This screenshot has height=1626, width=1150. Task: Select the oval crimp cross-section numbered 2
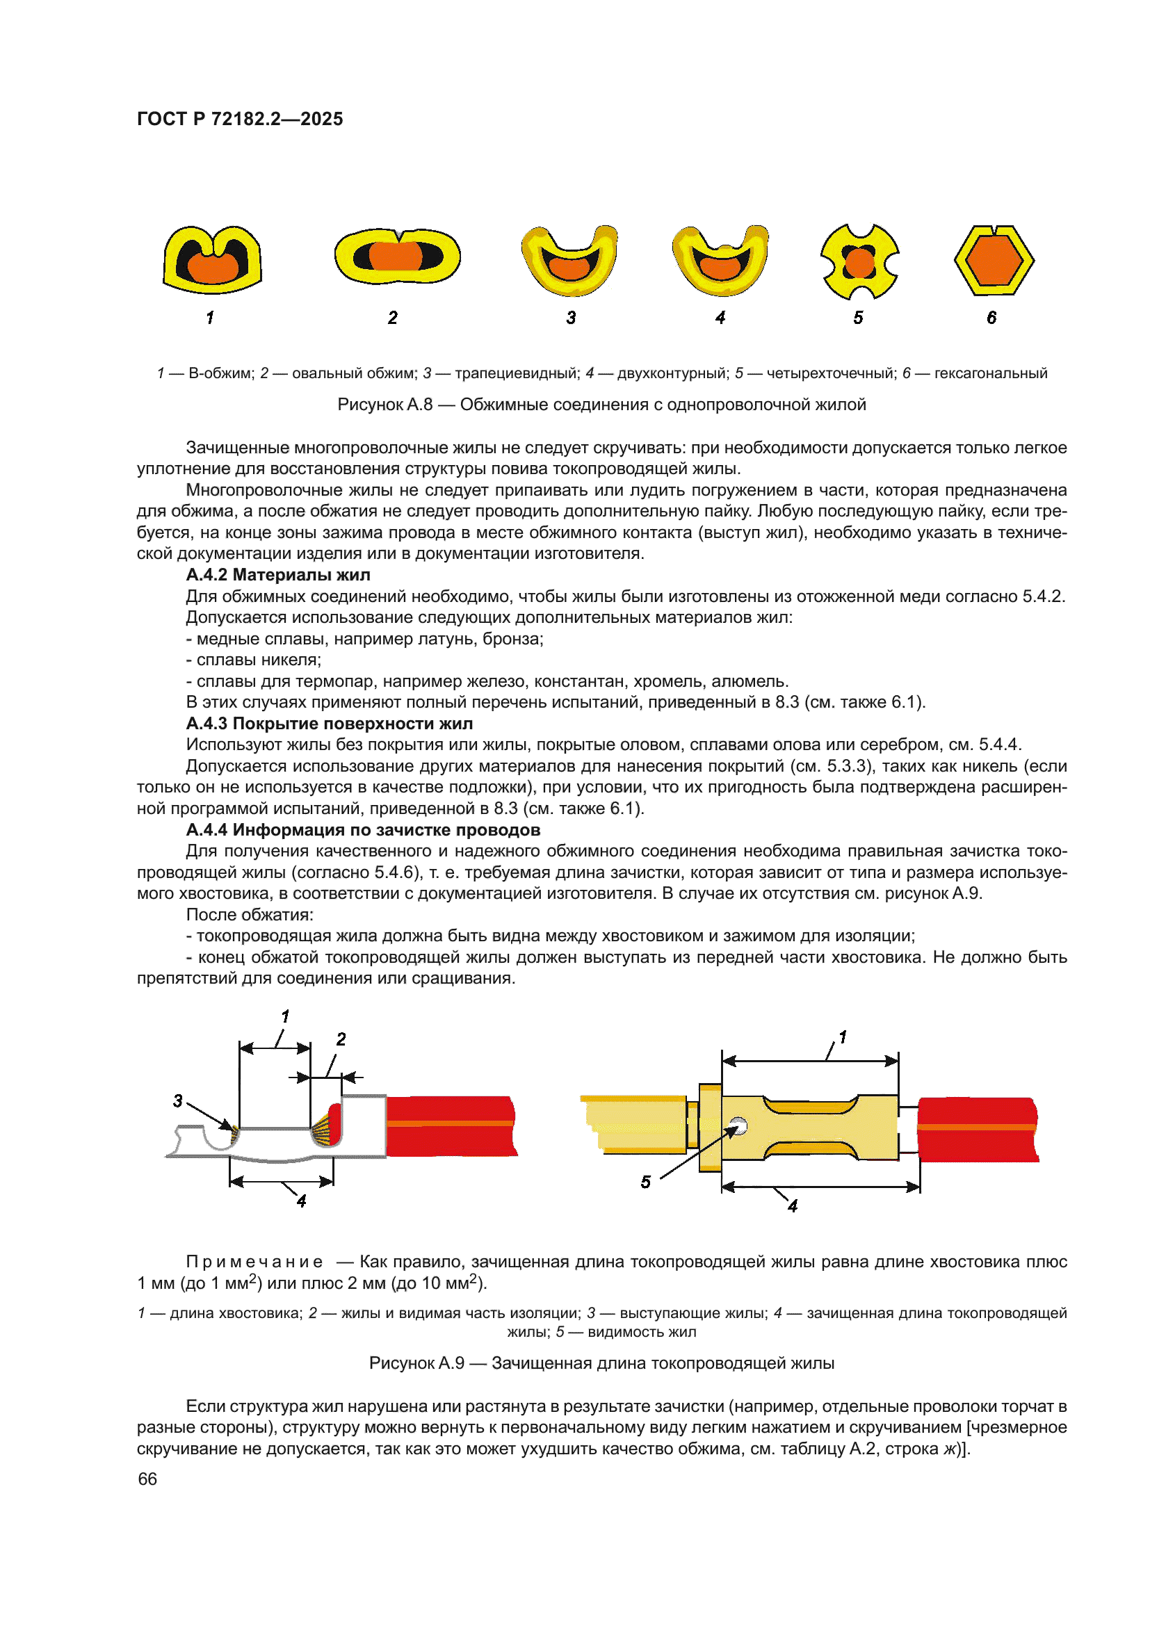(397, 256)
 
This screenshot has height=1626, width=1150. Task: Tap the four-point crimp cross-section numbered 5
(859, 262)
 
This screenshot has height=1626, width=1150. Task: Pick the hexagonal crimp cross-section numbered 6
(994, 260)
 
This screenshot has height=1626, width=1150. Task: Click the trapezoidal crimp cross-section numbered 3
(569, 260)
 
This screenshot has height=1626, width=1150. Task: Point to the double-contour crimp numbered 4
(720, 260)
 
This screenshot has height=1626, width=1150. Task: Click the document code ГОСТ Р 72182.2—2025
(240, 119)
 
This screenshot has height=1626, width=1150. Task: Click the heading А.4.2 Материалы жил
(277, 574)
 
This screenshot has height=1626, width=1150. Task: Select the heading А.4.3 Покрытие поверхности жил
(330, 723)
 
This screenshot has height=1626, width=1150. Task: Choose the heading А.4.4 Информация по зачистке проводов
(362, 829)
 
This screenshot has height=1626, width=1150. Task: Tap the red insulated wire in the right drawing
(977, 1130)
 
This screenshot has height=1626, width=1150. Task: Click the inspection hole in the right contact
(738, 1125)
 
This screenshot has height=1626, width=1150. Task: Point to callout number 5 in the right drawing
(645, 1182)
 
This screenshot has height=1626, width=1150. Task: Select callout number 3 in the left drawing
(178, 1100)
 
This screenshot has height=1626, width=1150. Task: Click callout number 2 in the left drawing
(341, 1039)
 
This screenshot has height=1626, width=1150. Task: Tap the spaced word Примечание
(254, 1261)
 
